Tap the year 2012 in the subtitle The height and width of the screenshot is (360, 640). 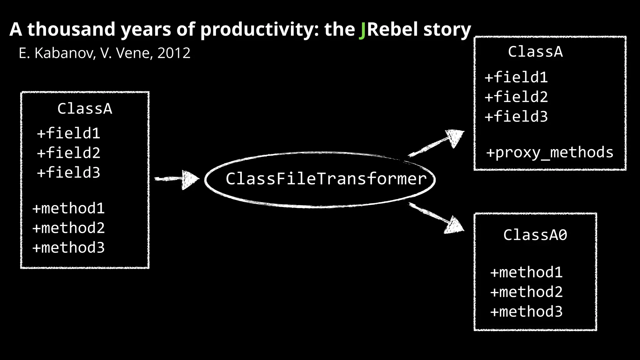click(174, 53)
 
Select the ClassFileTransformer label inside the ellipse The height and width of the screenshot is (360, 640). click(326, 179)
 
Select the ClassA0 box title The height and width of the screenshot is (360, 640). click(535, 235)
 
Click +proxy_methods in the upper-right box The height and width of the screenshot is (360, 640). click(550, 152)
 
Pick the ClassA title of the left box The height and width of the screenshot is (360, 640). click(85, 109)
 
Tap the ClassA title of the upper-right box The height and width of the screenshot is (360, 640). click(535, 52)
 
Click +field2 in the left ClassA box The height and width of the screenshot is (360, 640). click(68, 153)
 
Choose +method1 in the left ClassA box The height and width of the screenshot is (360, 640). click(68, 208)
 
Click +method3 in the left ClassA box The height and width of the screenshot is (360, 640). click(68, 248)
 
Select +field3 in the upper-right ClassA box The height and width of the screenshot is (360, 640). click(516, 117)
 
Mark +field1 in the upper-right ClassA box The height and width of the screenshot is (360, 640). click(516, 77)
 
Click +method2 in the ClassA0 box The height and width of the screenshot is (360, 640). click(526, 292)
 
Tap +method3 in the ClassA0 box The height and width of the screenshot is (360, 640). click(526, 312)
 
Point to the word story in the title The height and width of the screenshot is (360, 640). click(447, 30)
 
